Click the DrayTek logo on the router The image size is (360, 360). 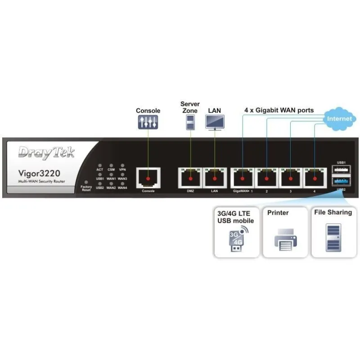point(47,152)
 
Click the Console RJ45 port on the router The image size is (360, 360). point(148,178)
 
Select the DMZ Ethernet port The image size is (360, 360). point(190,178)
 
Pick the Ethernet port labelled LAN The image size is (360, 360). point(215,178)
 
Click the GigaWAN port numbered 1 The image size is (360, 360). point(243,178)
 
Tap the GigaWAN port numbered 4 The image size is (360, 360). point(315,178)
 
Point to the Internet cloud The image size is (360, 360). point(340,119)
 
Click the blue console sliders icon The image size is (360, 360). point(148,121)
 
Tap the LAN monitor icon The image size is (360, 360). point(215,121)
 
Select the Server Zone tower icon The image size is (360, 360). point(190,122)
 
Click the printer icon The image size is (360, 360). point(284,239)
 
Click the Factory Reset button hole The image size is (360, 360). point(86,182)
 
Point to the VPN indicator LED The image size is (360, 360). point(122,166)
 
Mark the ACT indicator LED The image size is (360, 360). point(100,166)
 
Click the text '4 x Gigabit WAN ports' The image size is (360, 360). point(279,110)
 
